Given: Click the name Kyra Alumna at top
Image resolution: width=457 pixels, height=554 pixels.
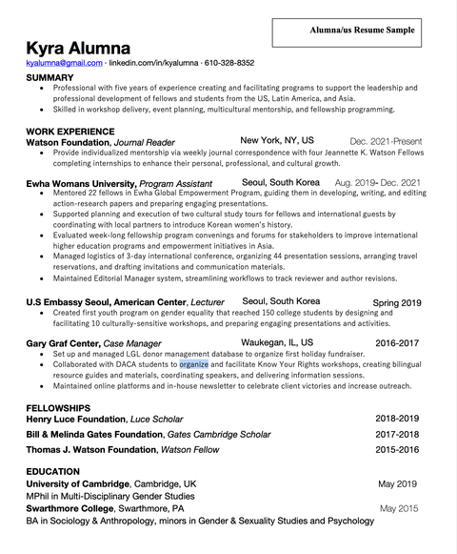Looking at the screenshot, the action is pos(78,47).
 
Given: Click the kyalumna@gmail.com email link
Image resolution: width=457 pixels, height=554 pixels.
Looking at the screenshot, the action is pos(64,63).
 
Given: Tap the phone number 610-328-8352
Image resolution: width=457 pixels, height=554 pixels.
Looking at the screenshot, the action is pos(225,63).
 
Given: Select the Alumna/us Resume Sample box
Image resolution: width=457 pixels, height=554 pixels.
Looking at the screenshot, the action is pos(362,31).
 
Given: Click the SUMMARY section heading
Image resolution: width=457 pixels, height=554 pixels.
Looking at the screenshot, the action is pos(50,77).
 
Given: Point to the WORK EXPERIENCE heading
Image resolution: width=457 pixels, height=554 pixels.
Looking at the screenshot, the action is pos(70,131).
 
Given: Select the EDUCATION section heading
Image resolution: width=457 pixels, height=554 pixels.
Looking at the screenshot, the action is pos(52,472).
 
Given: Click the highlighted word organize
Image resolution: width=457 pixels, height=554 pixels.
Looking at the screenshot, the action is pos(193,364).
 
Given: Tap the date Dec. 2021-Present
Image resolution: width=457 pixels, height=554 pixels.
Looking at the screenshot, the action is pos(386,141).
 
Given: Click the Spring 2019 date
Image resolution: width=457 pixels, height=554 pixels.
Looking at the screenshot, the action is pos(397,303).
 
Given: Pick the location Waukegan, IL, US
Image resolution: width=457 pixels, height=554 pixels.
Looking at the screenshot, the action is pos(277,341).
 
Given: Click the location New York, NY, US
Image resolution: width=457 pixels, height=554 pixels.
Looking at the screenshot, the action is pos(276,140).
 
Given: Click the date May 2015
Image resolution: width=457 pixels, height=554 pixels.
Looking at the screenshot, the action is pos(398,508).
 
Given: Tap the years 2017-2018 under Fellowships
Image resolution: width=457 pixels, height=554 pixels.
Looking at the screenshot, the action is pos(397,434).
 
